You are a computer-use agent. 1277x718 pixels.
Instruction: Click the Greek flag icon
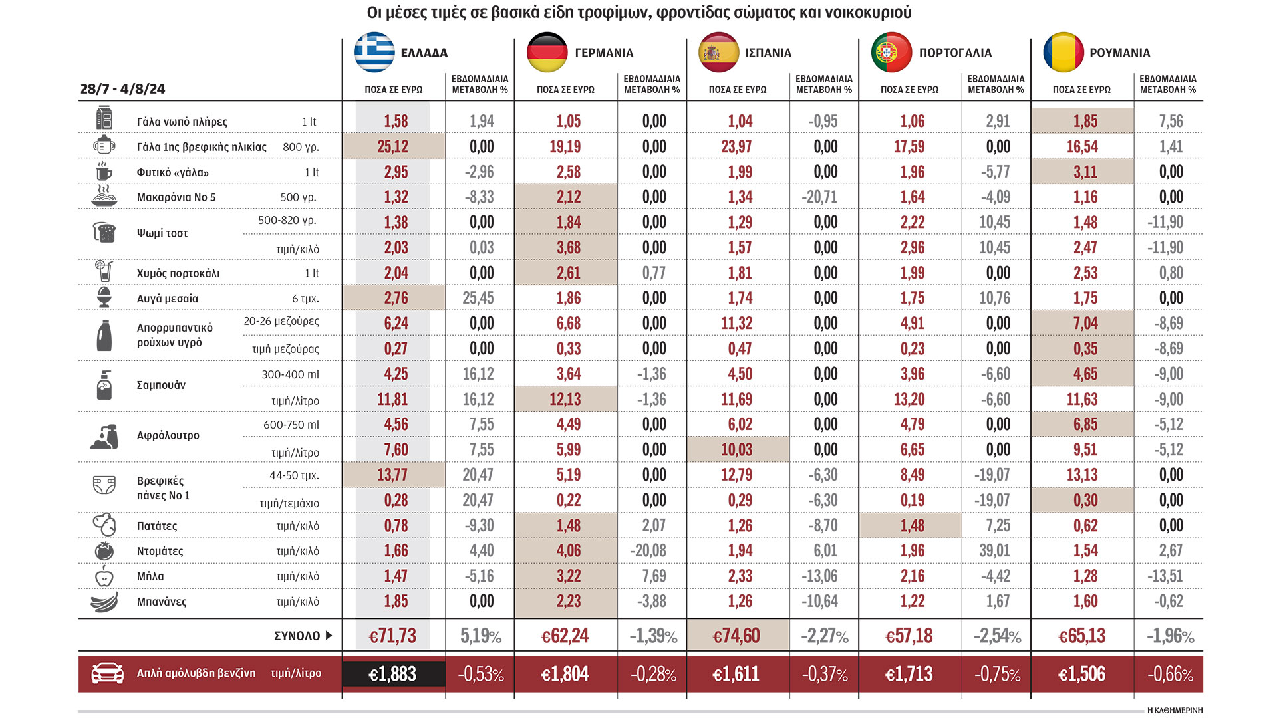[374, 52]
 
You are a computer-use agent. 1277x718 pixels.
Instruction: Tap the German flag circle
[547, 52]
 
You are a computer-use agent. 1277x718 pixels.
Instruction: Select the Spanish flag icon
[719, 52]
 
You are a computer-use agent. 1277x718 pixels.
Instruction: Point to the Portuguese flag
[891, 52]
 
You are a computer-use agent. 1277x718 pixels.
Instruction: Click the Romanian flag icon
[1064, 52]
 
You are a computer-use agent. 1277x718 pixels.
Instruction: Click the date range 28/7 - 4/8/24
[123, 89]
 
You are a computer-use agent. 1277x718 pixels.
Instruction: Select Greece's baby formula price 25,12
[393, 146]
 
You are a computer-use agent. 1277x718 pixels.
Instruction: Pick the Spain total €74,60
[736, 636]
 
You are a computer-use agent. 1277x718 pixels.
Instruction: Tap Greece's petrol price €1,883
[393, 674]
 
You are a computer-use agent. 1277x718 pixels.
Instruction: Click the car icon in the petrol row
[107, 673]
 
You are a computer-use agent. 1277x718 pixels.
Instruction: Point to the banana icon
[104, 602]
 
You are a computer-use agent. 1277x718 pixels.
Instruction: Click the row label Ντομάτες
[160, 551]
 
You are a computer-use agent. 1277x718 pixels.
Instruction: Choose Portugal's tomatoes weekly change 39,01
[994, 551]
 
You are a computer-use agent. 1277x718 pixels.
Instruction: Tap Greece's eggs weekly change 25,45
[478, 299]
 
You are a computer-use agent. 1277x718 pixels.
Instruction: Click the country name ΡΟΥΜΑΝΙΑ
[1120, 53]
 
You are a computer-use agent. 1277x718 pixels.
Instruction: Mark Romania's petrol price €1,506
[1082, 674]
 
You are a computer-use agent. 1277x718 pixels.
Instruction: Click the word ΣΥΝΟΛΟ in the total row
[297, 636]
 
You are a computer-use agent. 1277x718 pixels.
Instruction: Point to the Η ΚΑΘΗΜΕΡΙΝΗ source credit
[1175, 710]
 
